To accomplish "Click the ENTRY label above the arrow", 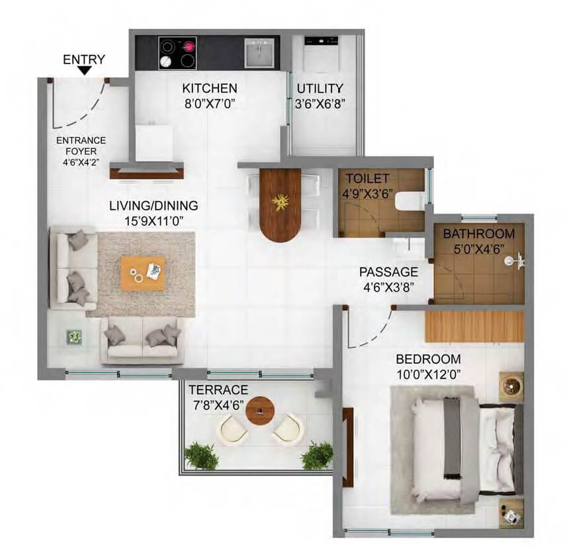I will click(83, 60).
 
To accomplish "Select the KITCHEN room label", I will click(210, 88).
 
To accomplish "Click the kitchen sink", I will click(259, 52).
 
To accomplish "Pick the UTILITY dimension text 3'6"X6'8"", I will click(321, 103).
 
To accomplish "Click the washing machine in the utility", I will click(320, 52).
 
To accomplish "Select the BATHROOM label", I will click(478, 233).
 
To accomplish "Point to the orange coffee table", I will click(143, 273).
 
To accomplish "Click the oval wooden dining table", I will click(281, 204).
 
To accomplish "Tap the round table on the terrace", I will click(261, 411).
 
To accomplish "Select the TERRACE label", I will click(218, 390).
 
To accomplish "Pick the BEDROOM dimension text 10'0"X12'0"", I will click(427, 374).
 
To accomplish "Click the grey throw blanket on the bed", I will click(453, 437).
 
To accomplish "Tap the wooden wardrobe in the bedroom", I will click(474, 326).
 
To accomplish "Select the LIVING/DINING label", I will click(153, 205).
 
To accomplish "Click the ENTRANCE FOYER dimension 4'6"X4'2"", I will click(80, 161).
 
